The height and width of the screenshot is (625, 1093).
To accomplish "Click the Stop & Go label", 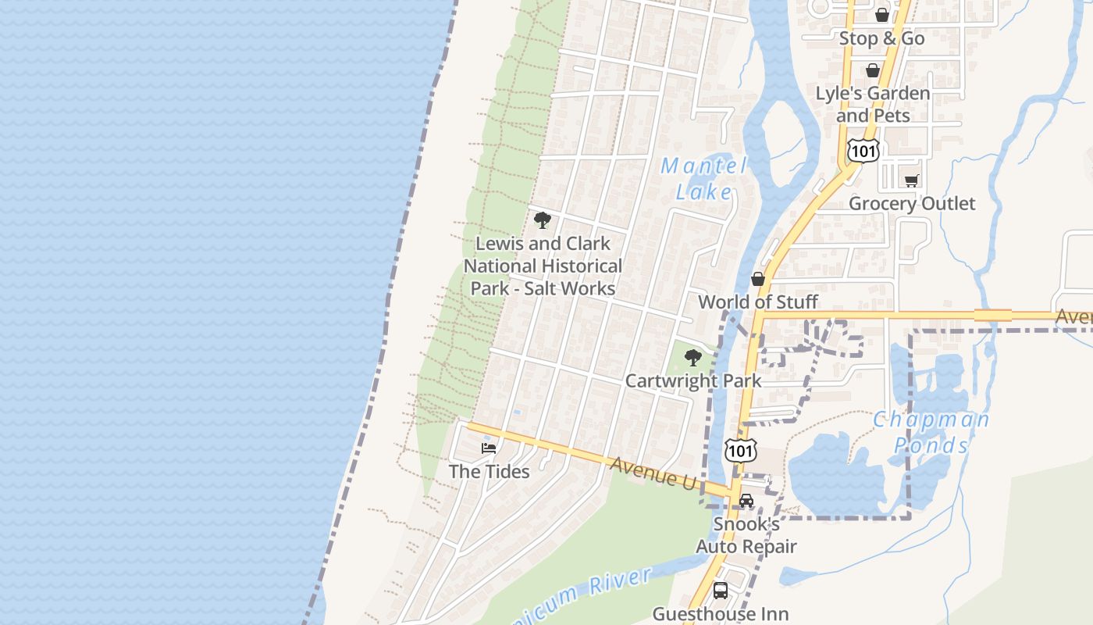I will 881,38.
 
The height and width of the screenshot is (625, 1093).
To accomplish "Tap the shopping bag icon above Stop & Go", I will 881,15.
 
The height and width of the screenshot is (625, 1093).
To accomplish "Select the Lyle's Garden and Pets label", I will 873,104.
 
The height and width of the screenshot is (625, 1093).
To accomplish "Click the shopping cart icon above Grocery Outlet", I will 911,180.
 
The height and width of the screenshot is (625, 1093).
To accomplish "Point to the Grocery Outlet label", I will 912,203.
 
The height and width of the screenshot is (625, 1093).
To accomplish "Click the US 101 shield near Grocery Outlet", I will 863,150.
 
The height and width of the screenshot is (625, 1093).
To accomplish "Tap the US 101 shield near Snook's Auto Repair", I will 740,449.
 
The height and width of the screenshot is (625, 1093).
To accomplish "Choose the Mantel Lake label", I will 703,178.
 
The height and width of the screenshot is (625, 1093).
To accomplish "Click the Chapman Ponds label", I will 931,431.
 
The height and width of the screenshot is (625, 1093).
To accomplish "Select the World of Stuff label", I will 758,302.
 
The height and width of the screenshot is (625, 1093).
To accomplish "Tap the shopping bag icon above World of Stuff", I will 757,279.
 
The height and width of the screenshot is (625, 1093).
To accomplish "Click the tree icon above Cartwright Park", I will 692,358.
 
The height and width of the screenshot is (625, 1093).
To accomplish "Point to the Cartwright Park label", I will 693,381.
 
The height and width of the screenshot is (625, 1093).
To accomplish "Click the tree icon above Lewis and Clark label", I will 543,220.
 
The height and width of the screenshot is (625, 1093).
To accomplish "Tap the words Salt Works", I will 569,288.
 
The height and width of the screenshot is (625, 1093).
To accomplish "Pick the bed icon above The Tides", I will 489,448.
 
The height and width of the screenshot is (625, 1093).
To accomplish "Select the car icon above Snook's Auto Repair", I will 746,501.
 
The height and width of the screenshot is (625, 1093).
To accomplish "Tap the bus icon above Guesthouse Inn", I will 721,591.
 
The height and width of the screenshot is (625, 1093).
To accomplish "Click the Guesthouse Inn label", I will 721,614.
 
